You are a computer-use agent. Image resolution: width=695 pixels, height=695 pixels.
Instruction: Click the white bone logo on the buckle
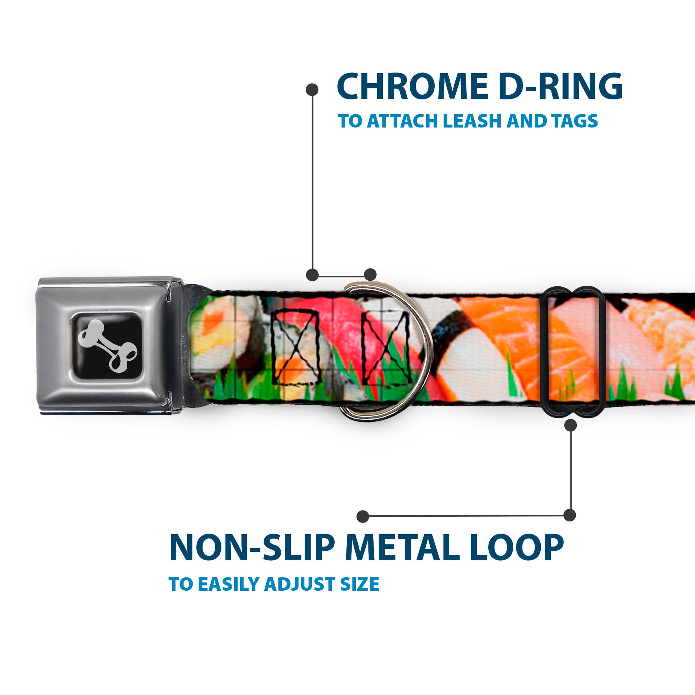click(107, 345)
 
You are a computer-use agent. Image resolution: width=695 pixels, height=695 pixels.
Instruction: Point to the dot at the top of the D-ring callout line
click(312, 90)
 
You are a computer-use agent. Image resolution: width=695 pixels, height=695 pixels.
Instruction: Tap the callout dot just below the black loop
click(570, 426)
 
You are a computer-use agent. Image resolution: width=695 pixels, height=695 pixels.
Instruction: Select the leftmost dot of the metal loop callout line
click(363, 516)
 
